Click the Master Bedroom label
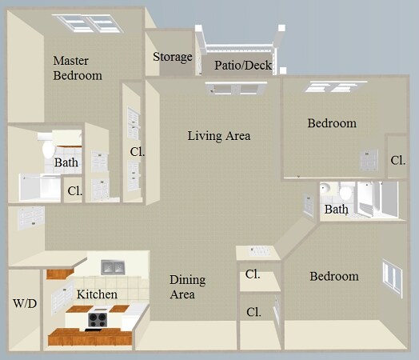point(77,68)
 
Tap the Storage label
point(173,57)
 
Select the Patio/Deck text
point(243,65)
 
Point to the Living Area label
point(218,136)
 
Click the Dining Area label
point(187,287)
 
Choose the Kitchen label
point(97,294)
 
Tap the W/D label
point(23,304)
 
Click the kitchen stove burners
point(98,320)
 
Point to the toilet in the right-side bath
point(345,193)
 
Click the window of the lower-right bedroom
point(392,277)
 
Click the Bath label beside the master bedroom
point(66,163)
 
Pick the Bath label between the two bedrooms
point(336,210)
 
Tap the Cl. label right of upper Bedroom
point(397,160)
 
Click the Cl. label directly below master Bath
point(74,190)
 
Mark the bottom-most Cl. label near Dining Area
point(253,311)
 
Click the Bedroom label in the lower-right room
point(334,276)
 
